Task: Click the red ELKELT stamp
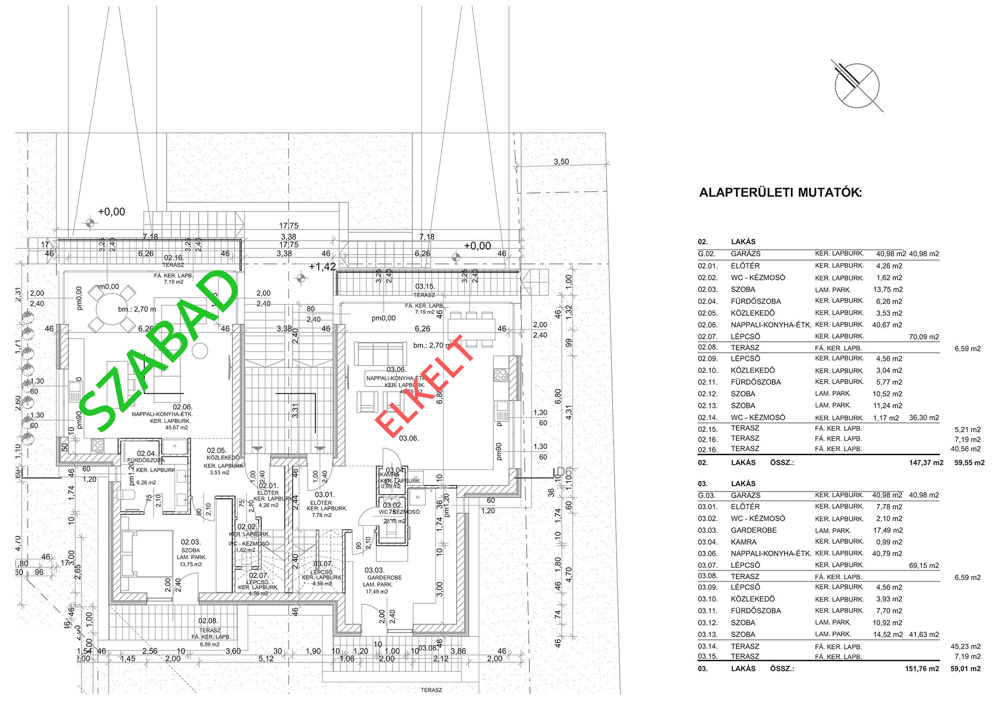(424, 386)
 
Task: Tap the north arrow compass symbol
(857, 86)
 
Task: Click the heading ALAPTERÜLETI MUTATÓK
(780, 192)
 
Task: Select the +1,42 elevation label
(322, 267)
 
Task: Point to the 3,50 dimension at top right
(561, 162)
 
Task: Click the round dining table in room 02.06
(112, 309)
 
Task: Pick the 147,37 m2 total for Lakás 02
(926, 463)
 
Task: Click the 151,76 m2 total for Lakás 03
(922, 669)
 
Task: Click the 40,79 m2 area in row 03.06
(887, 554)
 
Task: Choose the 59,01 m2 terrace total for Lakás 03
(965, 669)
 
